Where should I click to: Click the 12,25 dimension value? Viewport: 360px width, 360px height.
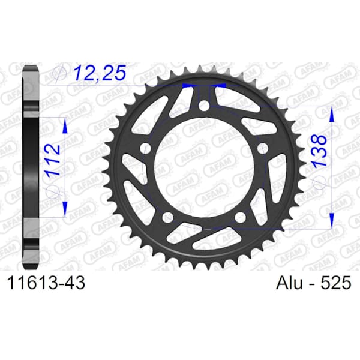(x=100, y=73)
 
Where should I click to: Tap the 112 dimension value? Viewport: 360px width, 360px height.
(x=53, y=160)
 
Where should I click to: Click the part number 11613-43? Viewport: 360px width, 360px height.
(x=46, y=283)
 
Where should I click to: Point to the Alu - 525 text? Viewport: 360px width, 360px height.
(x=314, y=283)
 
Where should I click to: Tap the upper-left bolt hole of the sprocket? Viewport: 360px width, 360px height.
(x=146, y=148)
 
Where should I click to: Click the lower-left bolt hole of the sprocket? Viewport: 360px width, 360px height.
(x=168, y=217)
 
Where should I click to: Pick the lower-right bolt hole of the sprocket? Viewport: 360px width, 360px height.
(x=241, y=217)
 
